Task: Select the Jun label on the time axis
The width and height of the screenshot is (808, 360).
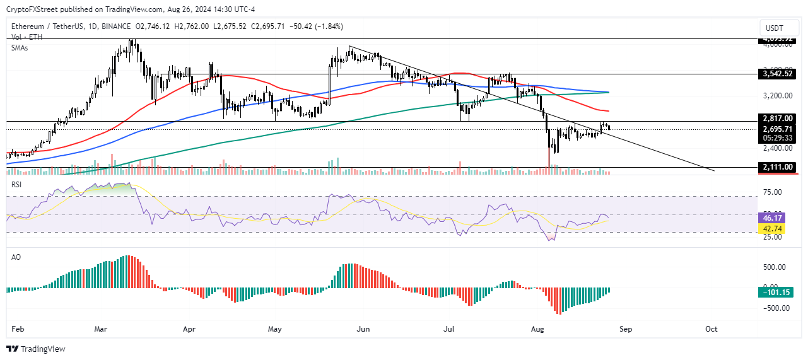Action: pyautogui.click(x=363, y=329)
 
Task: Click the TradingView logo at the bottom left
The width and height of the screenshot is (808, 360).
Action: pyautogui.click(x=37, y=349)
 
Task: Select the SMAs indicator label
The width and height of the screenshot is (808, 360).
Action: pyautogui.click(x=20, y=47)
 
